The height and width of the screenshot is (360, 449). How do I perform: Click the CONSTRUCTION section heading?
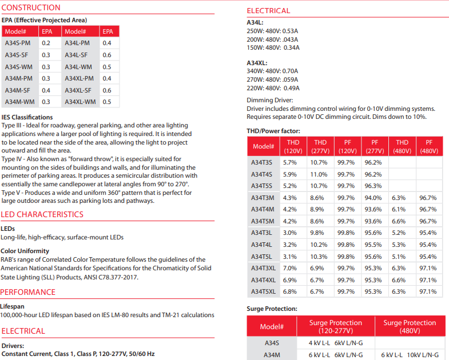pos(31,8)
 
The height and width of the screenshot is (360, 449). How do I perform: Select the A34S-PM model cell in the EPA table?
pos(19,43)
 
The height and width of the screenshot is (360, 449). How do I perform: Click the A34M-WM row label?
pos(19,102)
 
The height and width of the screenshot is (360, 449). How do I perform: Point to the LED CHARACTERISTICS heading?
pos(42,215)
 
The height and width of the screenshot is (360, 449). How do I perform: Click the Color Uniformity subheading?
pos(25,251)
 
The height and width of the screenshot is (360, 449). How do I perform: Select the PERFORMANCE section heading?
pos(28,293)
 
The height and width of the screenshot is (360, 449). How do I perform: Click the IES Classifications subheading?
pos(27,118)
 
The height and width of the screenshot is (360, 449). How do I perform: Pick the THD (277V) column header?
pos(320,146)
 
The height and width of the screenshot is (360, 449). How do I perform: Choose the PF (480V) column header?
pos(428,146)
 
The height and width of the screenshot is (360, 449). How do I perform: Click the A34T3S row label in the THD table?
pos(263,162)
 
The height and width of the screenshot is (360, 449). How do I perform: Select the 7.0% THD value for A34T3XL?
pos(290,268)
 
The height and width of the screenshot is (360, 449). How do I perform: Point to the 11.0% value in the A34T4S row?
pos(319,174)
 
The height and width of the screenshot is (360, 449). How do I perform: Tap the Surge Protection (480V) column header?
pos(410,327)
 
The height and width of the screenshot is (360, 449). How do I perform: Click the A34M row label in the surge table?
pos(271,355)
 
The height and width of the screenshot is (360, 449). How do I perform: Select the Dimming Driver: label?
pos(269,101)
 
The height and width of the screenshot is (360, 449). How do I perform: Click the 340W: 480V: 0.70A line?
pos(272,71)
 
